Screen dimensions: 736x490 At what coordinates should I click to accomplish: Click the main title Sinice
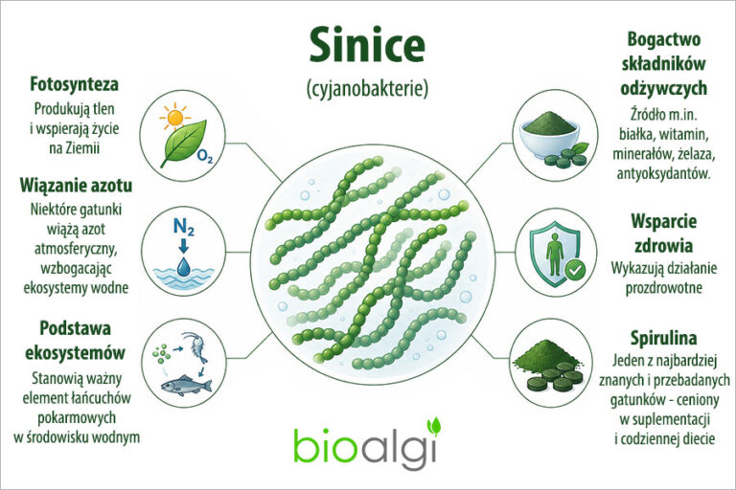click(367, 45)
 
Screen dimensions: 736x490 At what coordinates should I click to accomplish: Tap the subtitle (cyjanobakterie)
click(367, 89)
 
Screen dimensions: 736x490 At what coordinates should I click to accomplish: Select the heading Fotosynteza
click(74, 84)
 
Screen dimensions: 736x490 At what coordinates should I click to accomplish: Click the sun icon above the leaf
click(174, 117)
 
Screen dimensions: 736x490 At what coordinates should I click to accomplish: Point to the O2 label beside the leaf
click(205, 156)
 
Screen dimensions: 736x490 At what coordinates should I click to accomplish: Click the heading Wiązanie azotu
click(76, 186)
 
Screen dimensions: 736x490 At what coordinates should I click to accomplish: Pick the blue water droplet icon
click(184, 266)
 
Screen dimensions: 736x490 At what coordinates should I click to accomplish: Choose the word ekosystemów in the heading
click(75, 352)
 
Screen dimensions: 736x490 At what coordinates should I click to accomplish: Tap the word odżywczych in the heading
click(664, 88)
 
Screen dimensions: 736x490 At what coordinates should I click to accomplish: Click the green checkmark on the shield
click(575, 270)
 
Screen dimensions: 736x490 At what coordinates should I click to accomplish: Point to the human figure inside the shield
click(555, 254)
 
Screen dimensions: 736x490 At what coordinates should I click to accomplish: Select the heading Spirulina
click(663, 338)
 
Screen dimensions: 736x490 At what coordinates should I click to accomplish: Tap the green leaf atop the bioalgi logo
click(434, 425)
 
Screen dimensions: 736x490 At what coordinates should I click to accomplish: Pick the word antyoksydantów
click(663, 173)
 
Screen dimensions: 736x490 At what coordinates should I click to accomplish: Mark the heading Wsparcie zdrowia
click(664, 234)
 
